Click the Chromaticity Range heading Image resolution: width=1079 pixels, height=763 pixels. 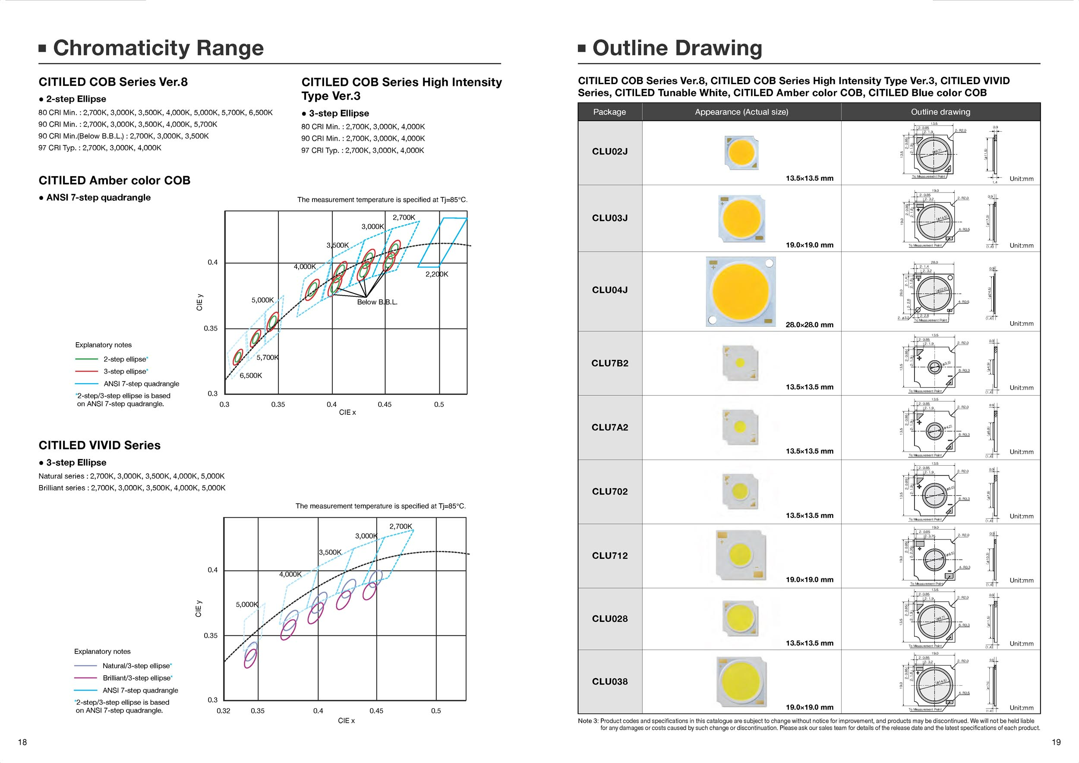[x=158, y=48]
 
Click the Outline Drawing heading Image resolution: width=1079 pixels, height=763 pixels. [x=677, y=48]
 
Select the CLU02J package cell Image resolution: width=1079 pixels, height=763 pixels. [x=609, y=152]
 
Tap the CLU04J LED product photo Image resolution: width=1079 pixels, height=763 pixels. [x=741, y=291]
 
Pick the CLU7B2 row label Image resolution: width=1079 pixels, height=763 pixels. [x=609, y=363]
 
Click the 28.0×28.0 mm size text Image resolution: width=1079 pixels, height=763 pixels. [x=809, y=325]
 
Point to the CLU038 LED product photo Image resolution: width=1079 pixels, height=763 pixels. [x=741, y=682]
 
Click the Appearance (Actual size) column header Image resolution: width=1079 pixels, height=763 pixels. [x=741, y=112]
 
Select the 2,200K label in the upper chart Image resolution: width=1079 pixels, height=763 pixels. [x=437, y=274]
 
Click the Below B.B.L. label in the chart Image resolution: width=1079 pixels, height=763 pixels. [x=377, y=302]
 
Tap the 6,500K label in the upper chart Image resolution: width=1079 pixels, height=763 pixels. [x=251, y=375]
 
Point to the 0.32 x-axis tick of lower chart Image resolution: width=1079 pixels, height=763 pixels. [x=223, y=711]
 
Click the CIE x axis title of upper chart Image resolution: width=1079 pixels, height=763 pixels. [x=347, y=413]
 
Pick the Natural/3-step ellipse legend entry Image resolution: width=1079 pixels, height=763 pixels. [x=137, y=666]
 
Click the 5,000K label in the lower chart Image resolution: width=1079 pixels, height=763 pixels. [x=247, y=605]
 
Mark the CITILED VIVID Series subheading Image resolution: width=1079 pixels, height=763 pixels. [x=100, y=445]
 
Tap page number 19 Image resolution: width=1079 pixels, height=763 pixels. [x=1056, y=742]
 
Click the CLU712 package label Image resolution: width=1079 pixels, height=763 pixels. [x=609, y=556]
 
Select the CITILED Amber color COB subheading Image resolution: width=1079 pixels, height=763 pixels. [x=114, y=180]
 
